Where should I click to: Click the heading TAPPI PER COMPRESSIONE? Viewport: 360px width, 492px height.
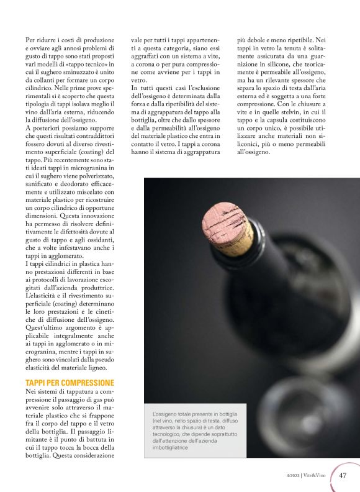(x=70, y=382)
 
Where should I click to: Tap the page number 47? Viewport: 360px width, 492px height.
(x=343, y=475)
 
